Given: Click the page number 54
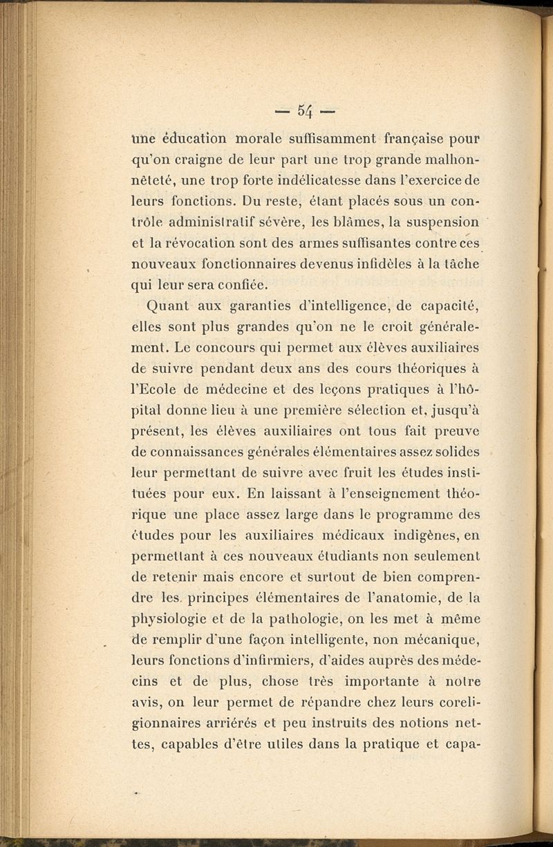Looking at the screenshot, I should [306, 110].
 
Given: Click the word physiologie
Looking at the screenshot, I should [176, 619].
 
